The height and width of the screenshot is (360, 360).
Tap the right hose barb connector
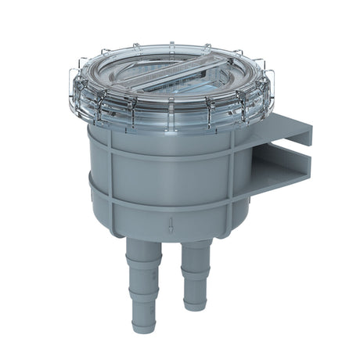tap(195, 270)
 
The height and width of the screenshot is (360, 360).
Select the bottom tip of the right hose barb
tap(194, 304)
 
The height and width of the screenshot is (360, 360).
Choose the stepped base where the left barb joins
tap(146, 248)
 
